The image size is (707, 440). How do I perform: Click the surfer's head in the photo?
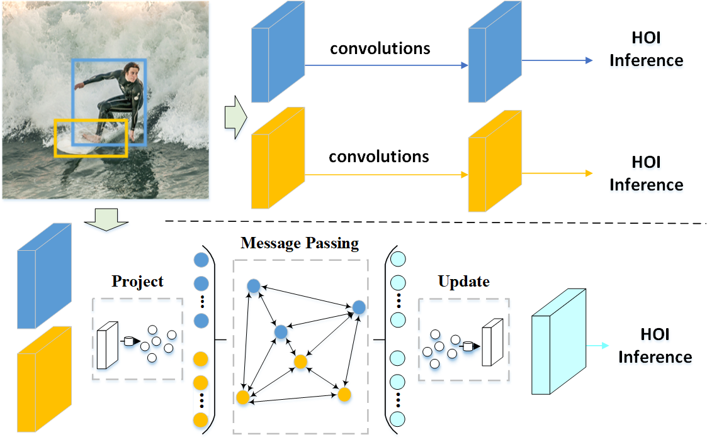click(x=130, y=70)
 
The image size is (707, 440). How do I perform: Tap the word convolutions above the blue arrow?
click(x=380, y=48)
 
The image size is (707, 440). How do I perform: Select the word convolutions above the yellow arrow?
click(x=379, y=156)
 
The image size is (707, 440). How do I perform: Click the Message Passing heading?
click(x=300, y=243)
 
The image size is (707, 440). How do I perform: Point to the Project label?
click(x=137, y=281)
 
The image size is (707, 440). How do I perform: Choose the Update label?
click(x=463, y=281)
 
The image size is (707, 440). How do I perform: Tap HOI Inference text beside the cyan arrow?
click(x=655, y=346)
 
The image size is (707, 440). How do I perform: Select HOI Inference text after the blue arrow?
click(x=646, y=50)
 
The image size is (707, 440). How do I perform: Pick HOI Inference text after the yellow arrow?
click(x=646, y=173)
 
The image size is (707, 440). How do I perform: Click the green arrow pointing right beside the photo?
click(x=235, y=117)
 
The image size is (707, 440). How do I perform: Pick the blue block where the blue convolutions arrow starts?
click(x=278, y=55)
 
